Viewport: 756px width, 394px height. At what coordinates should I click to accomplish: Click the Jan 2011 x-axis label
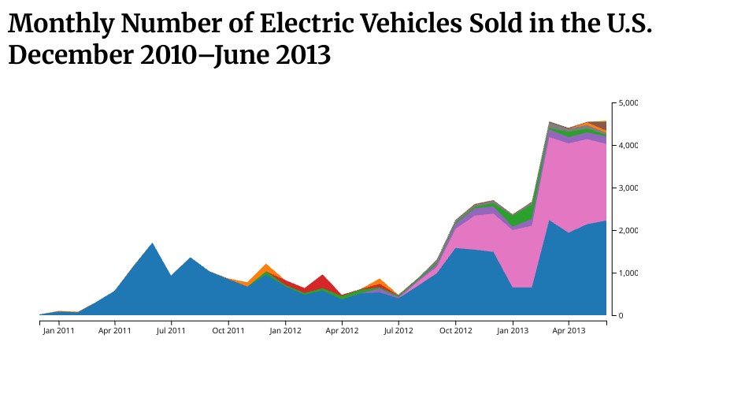58,330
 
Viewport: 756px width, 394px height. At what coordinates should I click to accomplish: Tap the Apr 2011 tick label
115,330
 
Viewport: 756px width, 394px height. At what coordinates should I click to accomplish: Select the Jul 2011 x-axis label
171,330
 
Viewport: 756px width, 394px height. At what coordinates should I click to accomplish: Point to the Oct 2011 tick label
228,330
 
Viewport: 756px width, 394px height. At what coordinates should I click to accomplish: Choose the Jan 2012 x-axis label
285,330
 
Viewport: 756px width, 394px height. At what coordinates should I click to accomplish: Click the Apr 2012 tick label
342,330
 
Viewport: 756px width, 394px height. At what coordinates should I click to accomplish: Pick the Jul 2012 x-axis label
398,330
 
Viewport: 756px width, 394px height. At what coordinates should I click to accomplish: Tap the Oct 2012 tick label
455,330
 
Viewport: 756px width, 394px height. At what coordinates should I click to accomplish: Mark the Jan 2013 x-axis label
513,330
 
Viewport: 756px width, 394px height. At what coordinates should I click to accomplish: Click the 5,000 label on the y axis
628,103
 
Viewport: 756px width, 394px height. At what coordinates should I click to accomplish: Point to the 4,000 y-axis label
628,146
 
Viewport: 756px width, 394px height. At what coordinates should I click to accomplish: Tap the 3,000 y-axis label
628,188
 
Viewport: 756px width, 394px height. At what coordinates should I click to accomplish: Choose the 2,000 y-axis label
628,231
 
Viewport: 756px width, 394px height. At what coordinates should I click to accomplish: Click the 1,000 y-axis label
628,273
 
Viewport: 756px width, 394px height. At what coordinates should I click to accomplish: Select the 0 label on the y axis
621,315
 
